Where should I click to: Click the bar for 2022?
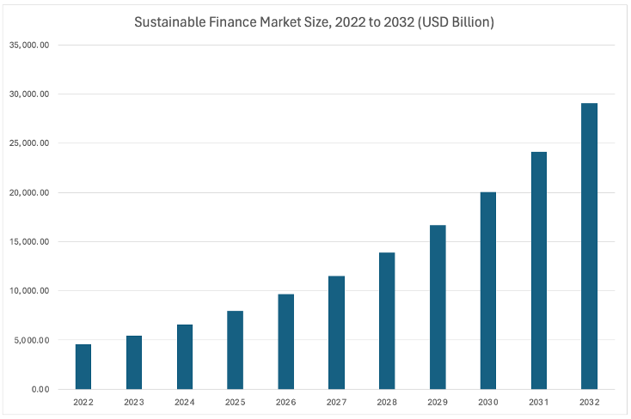click(x=83, y=367)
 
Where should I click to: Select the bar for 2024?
click(x=185, y=357)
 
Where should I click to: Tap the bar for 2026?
click(x=285, y=342)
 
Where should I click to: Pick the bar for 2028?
click(x=387, y=321)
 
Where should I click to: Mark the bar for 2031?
click(x=539, y=270)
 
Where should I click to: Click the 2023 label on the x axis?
click(x=134, y=401)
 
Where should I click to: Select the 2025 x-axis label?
click(x=236, y=401)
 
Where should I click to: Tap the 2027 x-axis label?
click(x=336, y=401)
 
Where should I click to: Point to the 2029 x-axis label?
click(x=438, y=401)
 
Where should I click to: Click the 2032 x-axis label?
click(x=589, y=401)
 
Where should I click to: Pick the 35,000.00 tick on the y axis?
click(x=29, y=45)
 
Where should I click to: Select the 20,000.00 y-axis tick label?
click(x=29, y=192)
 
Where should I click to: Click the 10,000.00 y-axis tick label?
click(x=29, y=291)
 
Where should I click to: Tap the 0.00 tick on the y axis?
click(x=40, y=390)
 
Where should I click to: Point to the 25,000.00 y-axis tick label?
click(x=29, y=143)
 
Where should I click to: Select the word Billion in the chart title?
click(x=469, y=23)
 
